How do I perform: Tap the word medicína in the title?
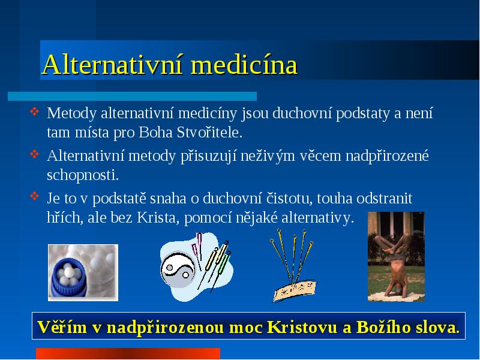(x=244, y=65)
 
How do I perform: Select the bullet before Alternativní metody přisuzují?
(x=34, y=154)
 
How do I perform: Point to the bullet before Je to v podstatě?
(x=34, y=196)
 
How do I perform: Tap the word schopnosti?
(x=83, y=175)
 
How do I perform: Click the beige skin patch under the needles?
(x=295, y=290)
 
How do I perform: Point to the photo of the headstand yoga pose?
(x=396, y=257)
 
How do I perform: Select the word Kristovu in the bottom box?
(x=302, y=327)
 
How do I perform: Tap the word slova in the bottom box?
(x=438, y=327)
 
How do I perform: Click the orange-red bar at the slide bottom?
(x=128, y=353)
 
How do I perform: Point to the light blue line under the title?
(x=132, y=96)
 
